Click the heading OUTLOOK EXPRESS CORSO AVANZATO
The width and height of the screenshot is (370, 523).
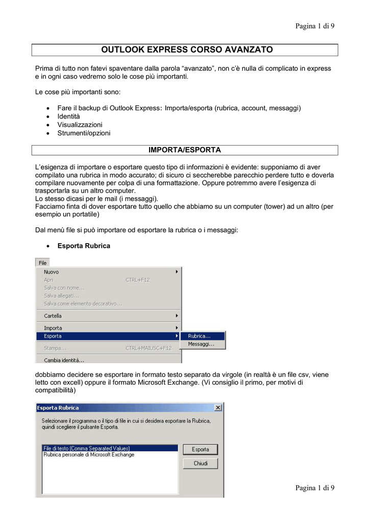click(187, 50)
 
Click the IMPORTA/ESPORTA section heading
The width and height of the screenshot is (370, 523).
click(184, 150)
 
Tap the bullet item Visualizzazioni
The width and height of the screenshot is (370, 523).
click(80, 125)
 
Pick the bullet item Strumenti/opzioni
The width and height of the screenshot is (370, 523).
click(84, 133)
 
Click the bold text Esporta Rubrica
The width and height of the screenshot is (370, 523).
click(84, 246)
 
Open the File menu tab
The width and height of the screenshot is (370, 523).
click(42, 263)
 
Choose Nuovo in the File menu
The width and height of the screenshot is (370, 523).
click(51, 272)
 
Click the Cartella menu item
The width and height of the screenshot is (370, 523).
click(53, 316)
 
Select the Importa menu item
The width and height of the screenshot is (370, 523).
click(53, 328)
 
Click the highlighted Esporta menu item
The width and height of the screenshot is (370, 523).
click(53, 336)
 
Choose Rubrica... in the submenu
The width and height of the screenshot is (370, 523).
click(199, 336)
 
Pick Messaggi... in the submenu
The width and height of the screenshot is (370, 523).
click(201, 344)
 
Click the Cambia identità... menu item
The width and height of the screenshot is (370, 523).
click(64, 360)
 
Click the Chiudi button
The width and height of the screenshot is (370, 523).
click(201, 463)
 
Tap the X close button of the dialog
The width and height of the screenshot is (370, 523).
click(218, 408)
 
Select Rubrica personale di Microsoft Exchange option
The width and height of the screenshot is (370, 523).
click(89, 455)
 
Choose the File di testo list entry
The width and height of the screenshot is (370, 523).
click(87, 448)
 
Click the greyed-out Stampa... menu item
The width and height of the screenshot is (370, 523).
click(55, 348)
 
